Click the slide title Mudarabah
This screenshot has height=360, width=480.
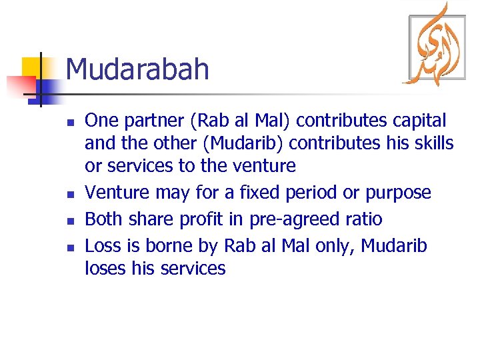137,69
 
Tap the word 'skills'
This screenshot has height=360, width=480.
432,143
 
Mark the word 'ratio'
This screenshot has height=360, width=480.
363,219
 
